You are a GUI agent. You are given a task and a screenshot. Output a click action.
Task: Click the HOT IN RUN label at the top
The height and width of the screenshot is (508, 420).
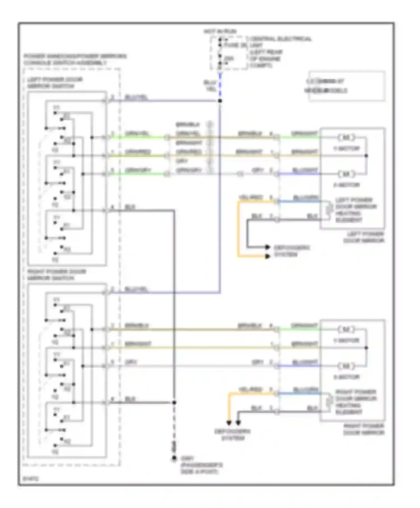pyautogui.click(x=220, y=31)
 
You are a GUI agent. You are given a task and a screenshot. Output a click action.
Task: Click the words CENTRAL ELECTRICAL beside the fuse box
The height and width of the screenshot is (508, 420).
pyautogui.click(x=281, y=39)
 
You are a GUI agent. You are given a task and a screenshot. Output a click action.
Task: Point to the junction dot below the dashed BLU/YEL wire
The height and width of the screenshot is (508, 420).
pyautogui.click(x=220, y=101)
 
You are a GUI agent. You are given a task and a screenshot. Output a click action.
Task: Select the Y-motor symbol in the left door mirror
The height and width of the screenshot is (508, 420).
pyautogui.click(x=346, y=138)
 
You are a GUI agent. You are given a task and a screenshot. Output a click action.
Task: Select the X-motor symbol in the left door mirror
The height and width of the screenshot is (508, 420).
pyautogui.click(x=346, y=174)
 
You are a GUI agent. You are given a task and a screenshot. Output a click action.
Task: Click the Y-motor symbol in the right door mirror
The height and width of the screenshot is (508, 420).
pyautogui.click(x=346, y=330)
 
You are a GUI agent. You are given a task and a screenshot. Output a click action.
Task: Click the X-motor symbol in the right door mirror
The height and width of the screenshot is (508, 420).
pyautogui.click(x=346, y=366)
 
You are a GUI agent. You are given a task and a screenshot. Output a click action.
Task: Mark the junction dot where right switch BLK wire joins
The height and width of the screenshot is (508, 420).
pyautogui.click(x=174, y=403)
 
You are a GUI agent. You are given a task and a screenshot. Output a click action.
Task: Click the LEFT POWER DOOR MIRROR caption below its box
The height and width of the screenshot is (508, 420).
pyautogui.click(x=364, y=237)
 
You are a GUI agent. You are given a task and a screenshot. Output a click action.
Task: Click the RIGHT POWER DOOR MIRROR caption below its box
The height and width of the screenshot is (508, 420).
pyautogui.click(x=364, y=429)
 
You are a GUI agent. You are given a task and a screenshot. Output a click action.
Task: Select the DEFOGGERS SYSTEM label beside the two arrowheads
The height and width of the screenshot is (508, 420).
pyautogui.click(x=291, y=251)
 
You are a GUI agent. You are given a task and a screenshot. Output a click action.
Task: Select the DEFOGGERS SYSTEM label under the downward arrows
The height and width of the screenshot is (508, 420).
pyautogui.click(x=232, y=435)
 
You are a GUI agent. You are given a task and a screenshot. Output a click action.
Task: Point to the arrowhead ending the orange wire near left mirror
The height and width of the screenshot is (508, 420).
pyautogui.click(x=267, y=256)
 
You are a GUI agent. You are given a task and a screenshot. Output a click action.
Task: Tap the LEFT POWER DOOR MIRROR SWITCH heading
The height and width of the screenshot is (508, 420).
pyautogui.click(x=55, y=83)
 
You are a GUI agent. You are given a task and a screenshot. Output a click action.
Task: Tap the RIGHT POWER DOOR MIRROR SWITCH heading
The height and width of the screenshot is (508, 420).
pyautogui.click(x=56, y=275)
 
